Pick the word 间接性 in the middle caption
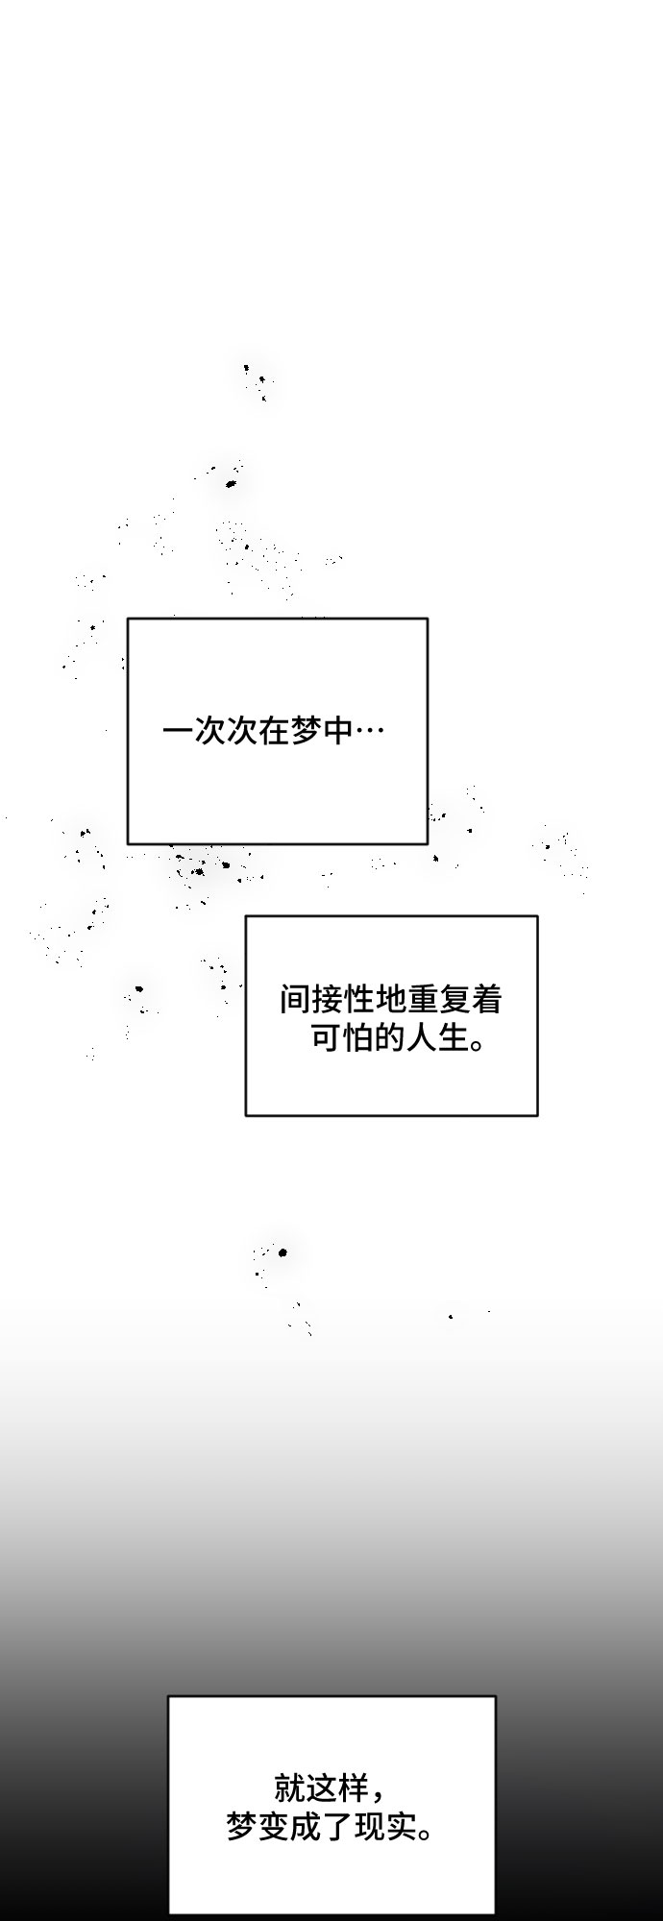click(x=328, y=1000)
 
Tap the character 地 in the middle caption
click(x=392, y=1000)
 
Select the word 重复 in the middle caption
click(x=440, y=1000)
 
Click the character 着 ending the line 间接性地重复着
click(x=488, y=1000)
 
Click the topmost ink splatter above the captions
click(x=256, y=379)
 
